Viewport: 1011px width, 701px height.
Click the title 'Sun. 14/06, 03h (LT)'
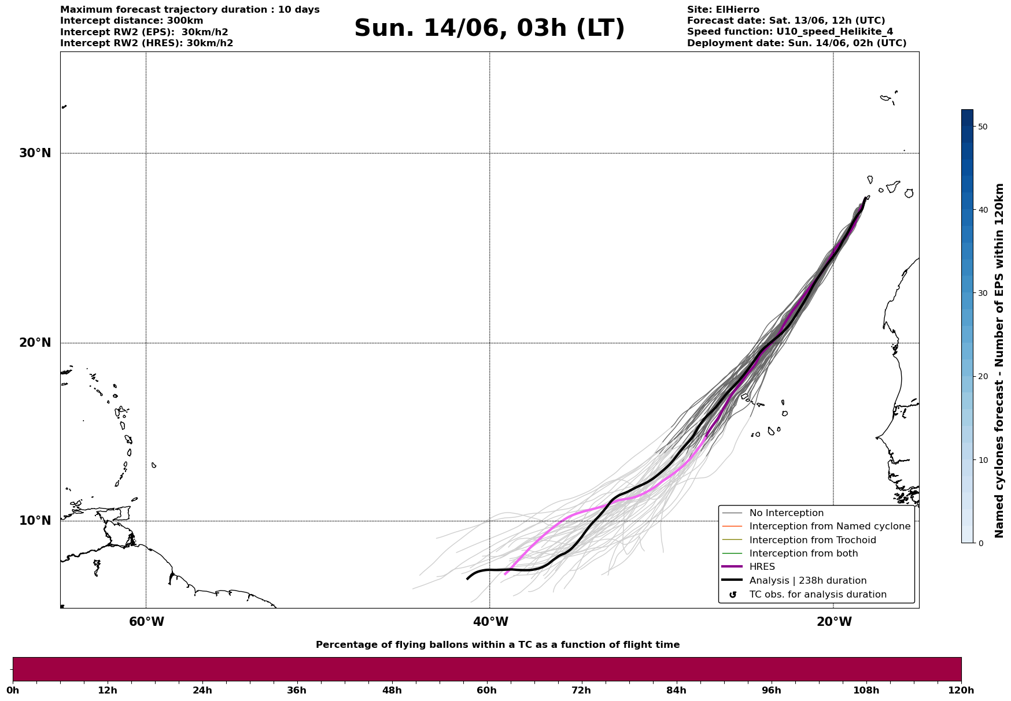[x=489, y=28]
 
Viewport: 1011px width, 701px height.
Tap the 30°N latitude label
[x=35, y=153]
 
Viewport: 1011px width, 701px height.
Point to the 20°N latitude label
[x=35, y=343]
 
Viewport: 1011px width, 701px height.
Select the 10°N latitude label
[x=35, y=521]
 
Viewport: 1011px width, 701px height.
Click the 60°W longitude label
[x=146, y=622]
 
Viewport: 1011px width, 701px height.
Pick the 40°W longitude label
[x=490, y=622]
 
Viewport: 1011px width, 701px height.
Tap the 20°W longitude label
[x=834, y=622]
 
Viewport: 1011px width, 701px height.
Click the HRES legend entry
[x=762, y=567]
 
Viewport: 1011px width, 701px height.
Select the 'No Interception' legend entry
[x=786, y=513]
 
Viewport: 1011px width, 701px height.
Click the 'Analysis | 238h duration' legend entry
[x=807, y=581]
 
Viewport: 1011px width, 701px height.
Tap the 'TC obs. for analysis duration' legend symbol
[x=733, y=595]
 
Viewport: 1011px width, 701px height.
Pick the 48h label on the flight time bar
[x=392, y=690]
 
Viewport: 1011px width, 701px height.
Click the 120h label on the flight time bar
[x=961, y=690]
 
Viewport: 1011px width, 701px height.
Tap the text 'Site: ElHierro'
[x=723, y=10]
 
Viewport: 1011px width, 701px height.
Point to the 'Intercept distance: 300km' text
[x=132, y=21]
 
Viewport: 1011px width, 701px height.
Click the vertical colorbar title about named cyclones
[x=999, y=361]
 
